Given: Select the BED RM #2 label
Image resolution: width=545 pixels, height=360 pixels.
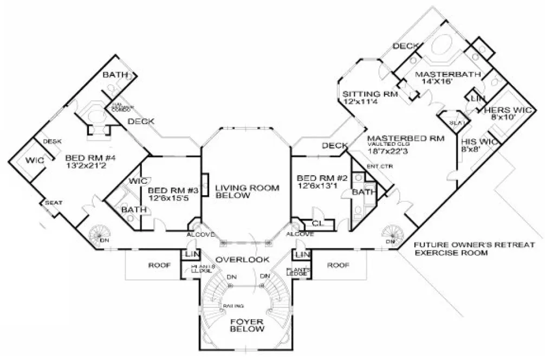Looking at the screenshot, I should point(320,178).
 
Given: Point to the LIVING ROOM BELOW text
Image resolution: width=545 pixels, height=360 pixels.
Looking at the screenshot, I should point(247,192).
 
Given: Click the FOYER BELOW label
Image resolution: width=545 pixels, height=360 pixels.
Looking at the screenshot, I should point(246,325).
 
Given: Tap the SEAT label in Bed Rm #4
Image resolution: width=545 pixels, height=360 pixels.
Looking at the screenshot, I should point(54,203).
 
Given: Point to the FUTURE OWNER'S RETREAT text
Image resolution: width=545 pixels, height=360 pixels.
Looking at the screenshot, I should point(475,245).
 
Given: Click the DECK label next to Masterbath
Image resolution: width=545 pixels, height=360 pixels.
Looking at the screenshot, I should point(404,46).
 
